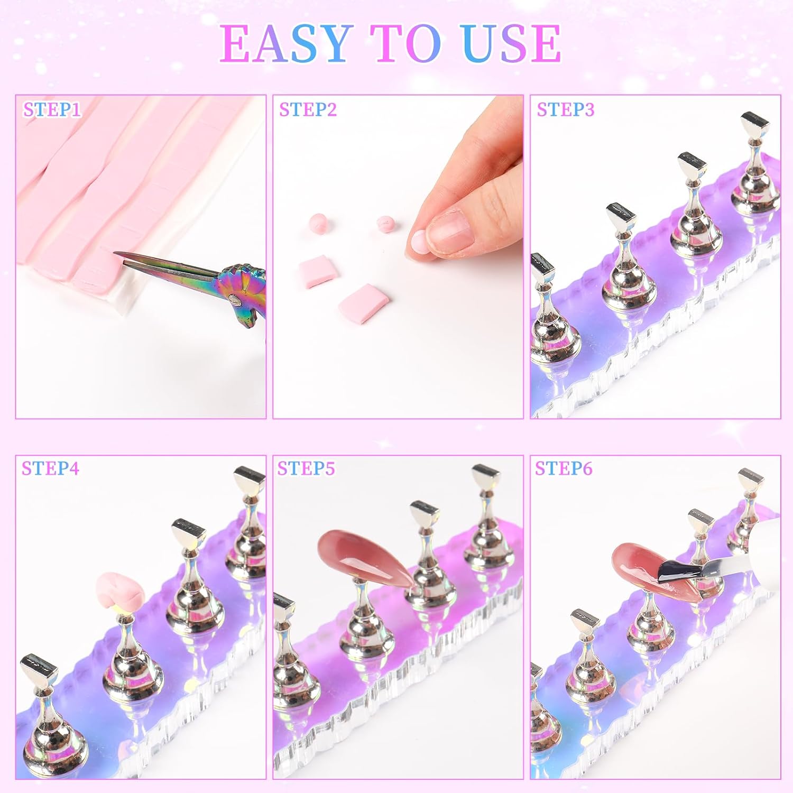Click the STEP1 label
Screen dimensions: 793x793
pos(52,109)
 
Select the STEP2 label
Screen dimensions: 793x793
pos(308,109)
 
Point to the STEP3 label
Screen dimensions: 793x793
pos(565,109)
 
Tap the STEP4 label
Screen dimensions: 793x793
pos(50,468)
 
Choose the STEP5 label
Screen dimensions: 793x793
pos(306,468)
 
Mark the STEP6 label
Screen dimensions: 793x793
pos(564,468)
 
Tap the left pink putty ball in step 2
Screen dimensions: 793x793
pos(318,223)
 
